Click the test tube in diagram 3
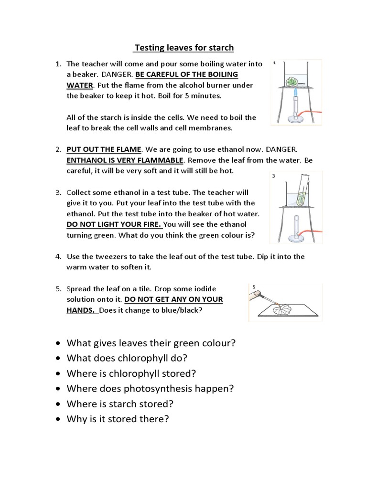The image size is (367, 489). pos(301,193)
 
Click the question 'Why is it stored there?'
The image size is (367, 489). pos(118,419)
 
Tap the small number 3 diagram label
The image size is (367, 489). pos(274,176)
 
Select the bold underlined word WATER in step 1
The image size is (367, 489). pos(79,85)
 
